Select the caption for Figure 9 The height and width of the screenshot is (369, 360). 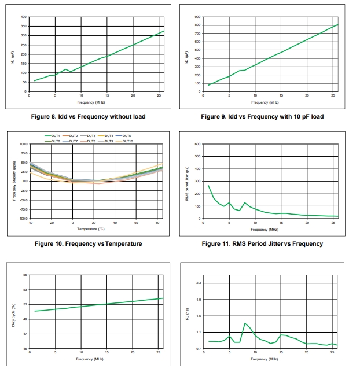(x=262, y=116)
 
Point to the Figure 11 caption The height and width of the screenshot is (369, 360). (x=262, y=243)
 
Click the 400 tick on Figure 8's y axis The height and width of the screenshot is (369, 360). (x=24, y=17)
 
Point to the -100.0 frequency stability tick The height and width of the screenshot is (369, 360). (x=23, y=219)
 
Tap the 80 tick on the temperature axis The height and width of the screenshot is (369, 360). (x=158, y=223)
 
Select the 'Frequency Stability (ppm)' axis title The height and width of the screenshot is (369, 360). (x=14, y=181)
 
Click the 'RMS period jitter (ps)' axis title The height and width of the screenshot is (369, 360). (x=187, y=182)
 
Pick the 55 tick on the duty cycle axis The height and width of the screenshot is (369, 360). (x=24, y=274)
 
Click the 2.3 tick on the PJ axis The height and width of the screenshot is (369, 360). (x=198, y=282)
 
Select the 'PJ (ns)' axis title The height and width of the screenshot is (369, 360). (x=187, y=316)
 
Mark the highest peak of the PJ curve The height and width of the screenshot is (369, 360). (x=245, y=323)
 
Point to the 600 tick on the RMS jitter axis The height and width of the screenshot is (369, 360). (x=197, y=144)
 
